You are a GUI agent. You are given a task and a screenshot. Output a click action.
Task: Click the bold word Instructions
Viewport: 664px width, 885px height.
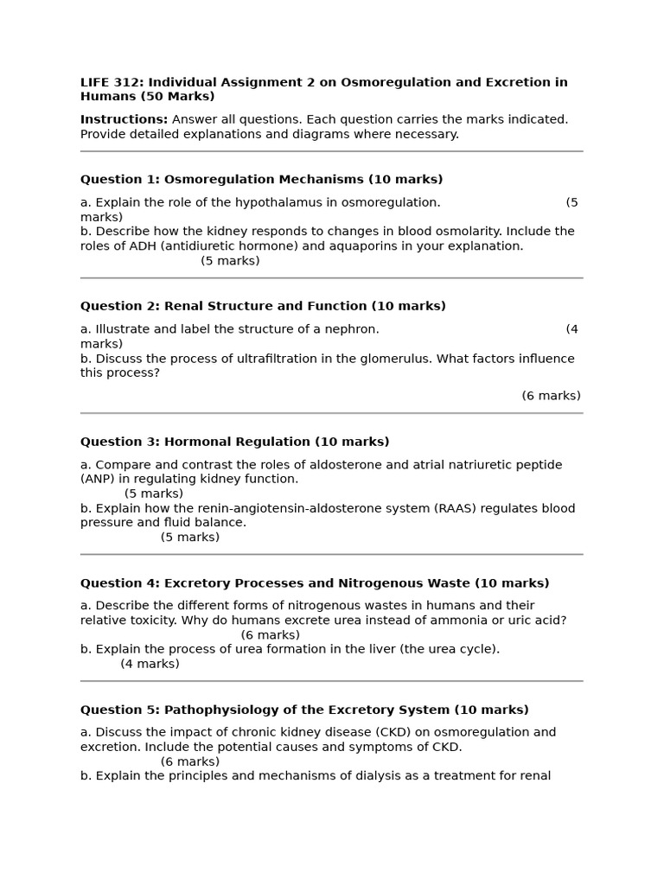tap(124, 120)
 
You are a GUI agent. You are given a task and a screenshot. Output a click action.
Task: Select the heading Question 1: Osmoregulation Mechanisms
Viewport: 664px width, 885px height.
tap(261, 180)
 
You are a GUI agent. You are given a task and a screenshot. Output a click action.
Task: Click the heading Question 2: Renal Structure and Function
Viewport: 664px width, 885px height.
tap(263, 307)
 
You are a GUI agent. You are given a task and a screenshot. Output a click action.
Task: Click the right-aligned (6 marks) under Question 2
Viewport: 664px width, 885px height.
tap(551, 396)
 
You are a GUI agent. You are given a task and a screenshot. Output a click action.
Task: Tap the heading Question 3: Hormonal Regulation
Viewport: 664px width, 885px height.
tap(234, 442)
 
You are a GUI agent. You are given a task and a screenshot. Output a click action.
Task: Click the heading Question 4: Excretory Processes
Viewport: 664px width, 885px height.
tap(315, 584)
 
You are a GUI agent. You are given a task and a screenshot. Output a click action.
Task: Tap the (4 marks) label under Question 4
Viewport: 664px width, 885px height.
tap(150, 665)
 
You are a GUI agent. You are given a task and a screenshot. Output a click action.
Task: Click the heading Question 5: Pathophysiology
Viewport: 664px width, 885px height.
tap(304, 710)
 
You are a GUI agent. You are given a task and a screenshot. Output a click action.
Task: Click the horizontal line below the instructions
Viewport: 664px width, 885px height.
tap(332, 151)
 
